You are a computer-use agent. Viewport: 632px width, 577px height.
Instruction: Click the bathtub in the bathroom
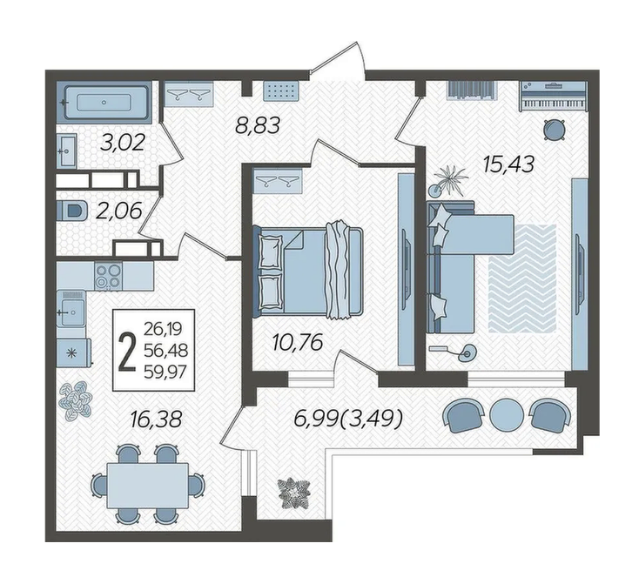[x=104, y=103]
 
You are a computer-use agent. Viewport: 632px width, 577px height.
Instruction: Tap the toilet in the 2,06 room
[x=72, y=211]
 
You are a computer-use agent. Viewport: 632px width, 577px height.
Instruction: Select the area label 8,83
[x=258, y=125]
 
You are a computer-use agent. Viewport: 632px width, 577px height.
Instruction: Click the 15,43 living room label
[x=509, y=164]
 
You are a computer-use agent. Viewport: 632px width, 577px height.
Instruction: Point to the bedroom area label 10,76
[x=298, y=343]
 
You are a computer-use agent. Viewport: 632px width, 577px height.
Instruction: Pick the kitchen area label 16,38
[x=157, y=419]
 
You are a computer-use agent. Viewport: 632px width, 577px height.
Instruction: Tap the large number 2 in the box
[x=128, y=351]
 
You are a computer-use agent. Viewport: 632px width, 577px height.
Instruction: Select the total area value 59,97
[x=165, y=372]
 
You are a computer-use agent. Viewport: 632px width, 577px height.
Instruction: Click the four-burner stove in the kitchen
[x=109, y=276]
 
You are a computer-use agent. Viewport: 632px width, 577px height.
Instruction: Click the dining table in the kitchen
[x=147, y=486]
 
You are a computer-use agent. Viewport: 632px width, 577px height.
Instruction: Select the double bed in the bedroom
[x=308, y=271]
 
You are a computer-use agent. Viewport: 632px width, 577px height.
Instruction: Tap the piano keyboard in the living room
[x=553, y=97]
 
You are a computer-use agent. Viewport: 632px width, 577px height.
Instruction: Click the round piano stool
[x=554, y=130]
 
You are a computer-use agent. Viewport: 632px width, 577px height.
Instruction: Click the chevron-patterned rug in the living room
[x=522, y=278]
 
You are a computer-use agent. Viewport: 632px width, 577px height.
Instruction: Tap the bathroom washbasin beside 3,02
[x=67, y=151]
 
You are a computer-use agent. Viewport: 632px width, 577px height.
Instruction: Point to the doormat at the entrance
[x=281, y=91]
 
